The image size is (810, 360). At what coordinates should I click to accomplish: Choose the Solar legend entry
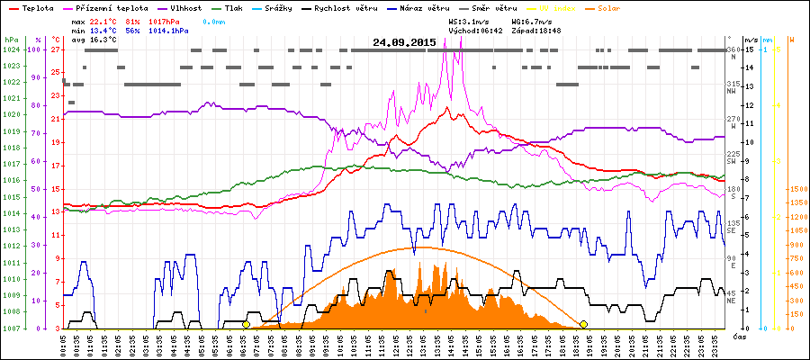609,6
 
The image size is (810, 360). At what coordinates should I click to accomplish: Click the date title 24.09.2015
405,42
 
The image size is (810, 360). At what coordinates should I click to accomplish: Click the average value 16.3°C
106,40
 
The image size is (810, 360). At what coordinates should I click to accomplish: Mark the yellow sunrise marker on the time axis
246,324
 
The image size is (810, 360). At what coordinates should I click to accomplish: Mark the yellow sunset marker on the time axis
583,324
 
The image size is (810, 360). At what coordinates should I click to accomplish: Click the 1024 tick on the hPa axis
11,49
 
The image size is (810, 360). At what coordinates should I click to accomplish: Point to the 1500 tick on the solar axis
796,189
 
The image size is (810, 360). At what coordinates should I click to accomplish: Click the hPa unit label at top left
9,40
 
